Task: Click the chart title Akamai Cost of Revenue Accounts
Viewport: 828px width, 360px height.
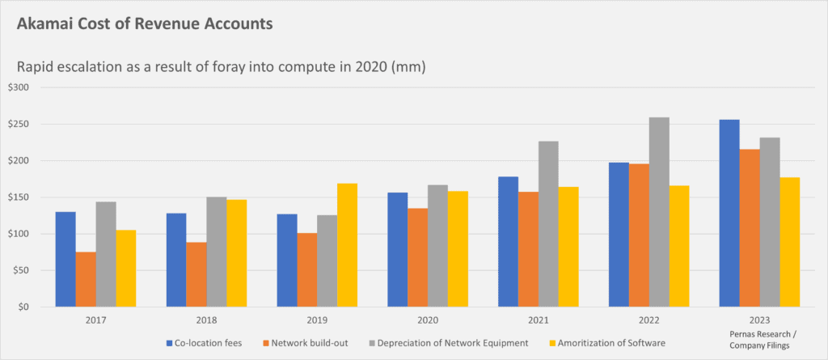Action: [x=144, y=24]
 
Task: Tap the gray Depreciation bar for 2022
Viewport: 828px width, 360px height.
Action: [x=659, y=212]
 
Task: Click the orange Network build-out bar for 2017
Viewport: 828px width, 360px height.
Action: [x=86, y=280]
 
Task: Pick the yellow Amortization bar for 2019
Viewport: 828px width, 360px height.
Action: [x=348, y=245]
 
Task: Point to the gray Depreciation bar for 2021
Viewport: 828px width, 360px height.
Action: [x=548, y=224]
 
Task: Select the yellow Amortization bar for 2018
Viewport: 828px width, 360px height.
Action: [x=237, y=253]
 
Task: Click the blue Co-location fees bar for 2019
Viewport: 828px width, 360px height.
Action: [x=286, y=260]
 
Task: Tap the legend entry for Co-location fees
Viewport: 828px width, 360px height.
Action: [x=205, y=343]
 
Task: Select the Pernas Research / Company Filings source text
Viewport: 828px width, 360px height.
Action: [x=759, y=341]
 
